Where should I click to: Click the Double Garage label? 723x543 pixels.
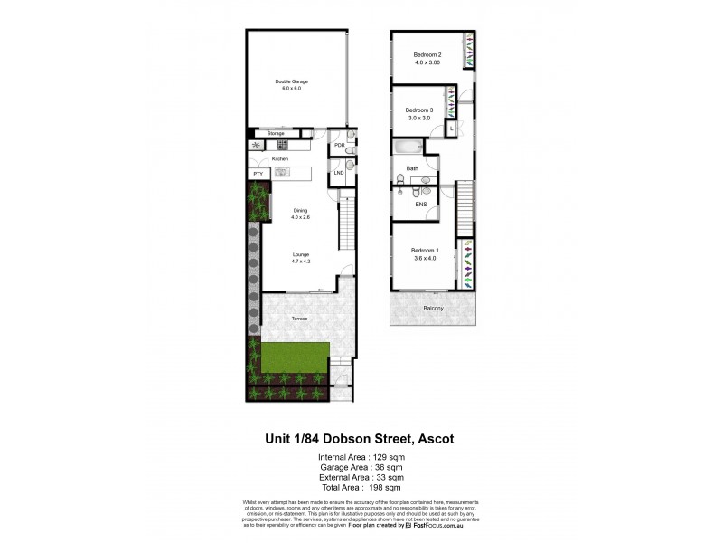[292, 81]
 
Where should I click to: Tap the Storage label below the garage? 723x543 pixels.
[276, 133]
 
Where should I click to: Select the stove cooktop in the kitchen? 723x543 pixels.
[282, 145]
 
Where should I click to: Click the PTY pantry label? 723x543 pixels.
[258, 173]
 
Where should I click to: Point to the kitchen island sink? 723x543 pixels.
[281, 172]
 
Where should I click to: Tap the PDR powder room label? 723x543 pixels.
[340, 145]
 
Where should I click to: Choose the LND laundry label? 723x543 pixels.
[340, 172]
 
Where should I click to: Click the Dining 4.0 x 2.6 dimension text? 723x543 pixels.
[300, 218]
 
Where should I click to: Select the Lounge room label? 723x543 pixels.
[300, 255]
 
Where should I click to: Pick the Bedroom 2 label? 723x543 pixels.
[428, 54]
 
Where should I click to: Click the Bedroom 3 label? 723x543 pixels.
[419, 110]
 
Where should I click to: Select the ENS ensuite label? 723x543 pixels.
[420, 205]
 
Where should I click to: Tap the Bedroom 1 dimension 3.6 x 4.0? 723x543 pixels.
[425, 259]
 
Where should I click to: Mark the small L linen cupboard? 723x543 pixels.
[451, 129]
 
